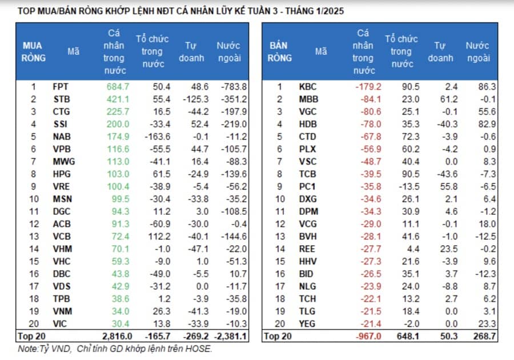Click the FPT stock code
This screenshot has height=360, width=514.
coord(61,87)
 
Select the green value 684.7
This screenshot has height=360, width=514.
coord(118,87)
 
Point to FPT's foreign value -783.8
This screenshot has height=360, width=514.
coord(234,87)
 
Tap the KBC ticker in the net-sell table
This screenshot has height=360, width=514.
coord(307,87)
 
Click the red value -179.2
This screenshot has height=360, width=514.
coord(368,87)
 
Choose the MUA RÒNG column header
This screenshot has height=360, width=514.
coord(34,52)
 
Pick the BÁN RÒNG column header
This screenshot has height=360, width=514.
coord(280,52)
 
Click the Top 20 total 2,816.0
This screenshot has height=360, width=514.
coord(117,337)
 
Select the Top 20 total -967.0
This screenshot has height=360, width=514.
coord(368,337)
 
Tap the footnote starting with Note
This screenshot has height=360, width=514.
coord(115,349)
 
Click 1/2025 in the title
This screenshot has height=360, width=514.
coord(330,11)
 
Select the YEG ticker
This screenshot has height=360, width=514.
coord(307,323)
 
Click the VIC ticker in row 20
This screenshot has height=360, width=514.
coord(59,323)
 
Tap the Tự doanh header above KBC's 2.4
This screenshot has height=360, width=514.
coord(440,52)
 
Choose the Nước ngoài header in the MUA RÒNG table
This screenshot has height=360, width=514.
coord(229,52)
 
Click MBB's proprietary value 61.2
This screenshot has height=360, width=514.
coord(449,99)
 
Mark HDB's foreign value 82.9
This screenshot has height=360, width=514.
coord(487,124)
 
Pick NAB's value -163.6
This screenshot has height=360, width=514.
coord(158,137)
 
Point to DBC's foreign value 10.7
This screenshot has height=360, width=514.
coord(238,274)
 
